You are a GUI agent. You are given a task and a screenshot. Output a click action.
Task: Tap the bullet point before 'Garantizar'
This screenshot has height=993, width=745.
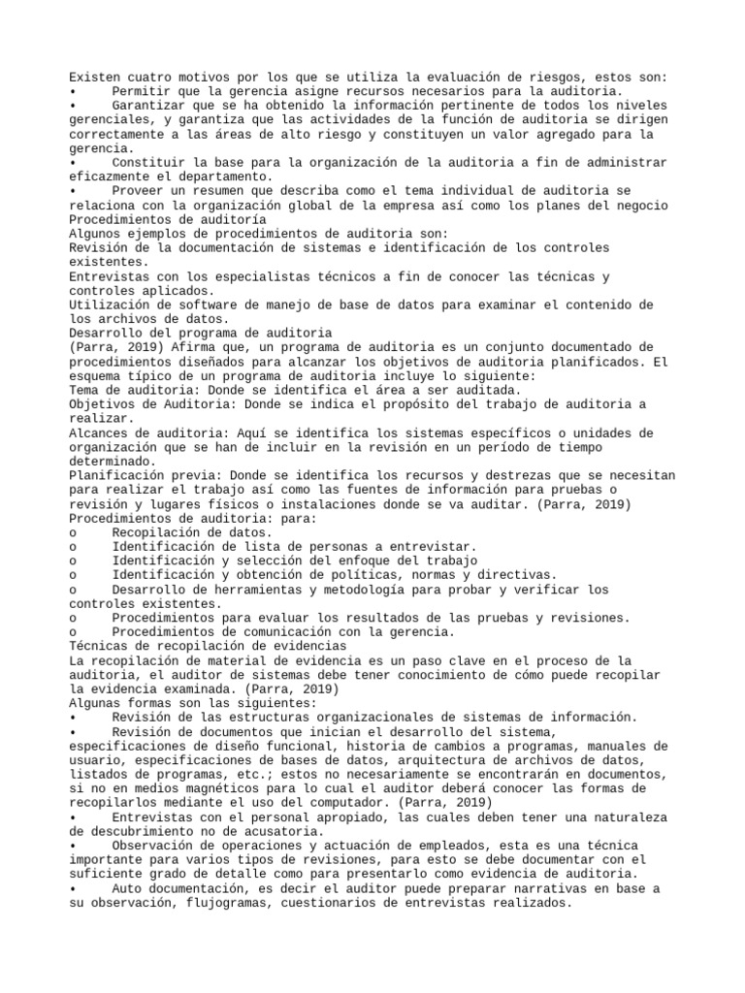[x=73, y=106]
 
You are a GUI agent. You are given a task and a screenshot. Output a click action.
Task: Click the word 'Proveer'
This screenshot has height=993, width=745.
[x=137, y=191]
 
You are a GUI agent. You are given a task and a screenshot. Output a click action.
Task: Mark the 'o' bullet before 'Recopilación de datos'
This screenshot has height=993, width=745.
[x=73, y=532]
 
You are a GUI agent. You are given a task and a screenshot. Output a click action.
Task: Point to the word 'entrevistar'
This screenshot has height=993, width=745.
[x=433, y=547]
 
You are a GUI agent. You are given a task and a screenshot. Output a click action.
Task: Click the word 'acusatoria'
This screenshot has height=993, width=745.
[x=283, y=831]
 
